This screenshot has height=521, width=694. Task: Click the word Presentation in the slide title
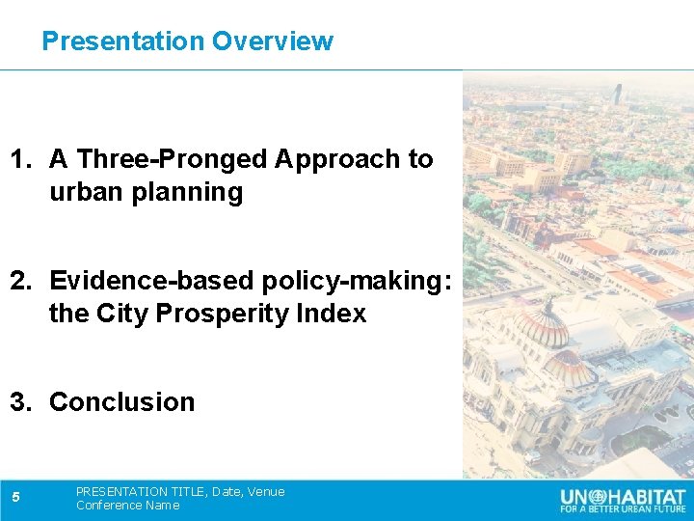pyautogui.click(x=123, y=41)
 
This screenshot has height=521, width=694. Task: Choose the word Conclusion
pyautogui.click(x=121, y=402)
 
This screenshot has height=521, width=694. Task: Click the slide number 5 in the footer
pyautogui.click(x=16, y=498)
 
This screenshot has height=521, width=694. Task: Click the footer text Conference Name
pyautogui.click(x=127, y=506)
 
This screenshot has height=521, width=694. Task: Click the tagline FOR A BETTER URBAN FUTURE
pyautogui.click(x=624, y=508)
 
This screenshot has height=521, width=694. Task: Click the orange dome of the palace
pyautogui.click(x=542, y=328)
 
